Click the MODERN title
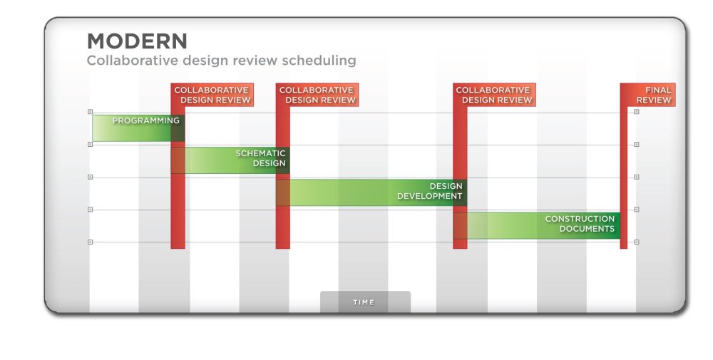point(137,41)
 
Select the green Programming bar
point(138,128)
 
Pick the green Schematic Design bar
point(230,160)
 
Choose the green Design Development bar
point(371,192)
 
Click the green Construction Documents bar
point(537,225)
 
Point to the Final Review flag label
point(648,95)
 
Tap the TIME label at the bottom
point(364,302)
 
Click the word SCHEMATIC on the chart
point(260,154)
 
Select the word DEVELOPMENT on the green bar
point(430,196)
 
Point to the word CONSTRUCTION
point(580,219)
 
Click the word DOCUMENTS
point(587,229)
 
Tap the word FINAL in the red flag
point(658,90)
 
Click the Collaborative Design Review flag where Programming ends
point(212,95)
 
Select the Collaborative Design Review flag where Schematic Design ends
point(317,95)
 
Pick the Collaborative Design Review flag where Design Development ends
point(494,95)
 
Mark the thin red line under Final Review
point(624,178)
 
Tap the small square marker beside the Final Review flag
point(637,112)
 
